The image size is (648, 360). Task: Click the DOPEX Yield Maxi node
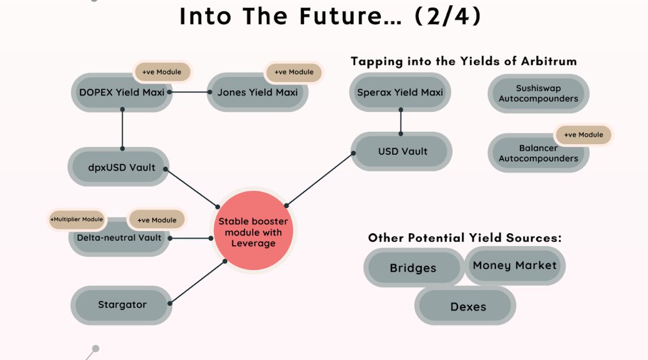pyautogui.click(x=122, y=92)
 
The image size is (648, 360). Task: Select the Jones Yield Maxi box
pyautogui.click(x=258, y=92)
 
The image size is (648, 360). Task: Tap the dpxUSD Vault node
pyautogui.click(x=122, y=167)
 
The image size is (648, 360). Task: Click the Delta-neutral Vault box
pyautogui.click(x=119, y=241)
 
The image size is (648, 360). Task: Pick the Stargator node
pyautogui.click(x=122, y=304)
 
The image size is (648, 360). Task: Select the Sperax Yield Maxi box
pyautogui.click(x=400, y=92)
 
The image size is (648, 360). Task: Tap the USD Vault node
pyautogui.click(x=402, y=152)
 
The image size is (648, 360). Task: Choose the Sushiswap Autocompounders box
pyautogui.click(x=538, y=93)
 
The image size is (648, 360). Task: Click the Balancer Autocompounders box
pyautogui.click(x=538, y=153)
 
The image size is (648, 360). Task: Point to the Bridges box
pyautogui.click(x=413, y=268)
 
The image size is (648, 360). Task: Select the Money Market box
pyautogui.click(x=515, y=265)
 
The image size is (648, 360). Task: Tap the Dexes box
pyautogui.click(x=468, y=307)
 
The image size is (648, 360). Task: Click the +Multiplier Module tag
pyautogui.click(x=76, y=220)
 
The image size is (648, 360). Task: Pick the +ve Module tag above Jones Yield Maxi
pyautogui.click(x=294, y=72)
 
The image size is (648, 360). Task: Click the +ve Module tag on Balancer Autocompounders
pyautogui.click(x=584, y=135)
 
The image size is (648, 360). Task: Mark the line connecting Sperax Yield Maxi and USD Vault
pyautogui.click(x=401, y=121)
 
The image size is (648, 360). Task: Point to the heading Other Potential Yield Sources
pyautogui.click(x=464, y=237)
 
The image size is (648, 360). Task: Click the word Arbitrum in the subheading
pyautogui.click(x=549, y=61)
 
